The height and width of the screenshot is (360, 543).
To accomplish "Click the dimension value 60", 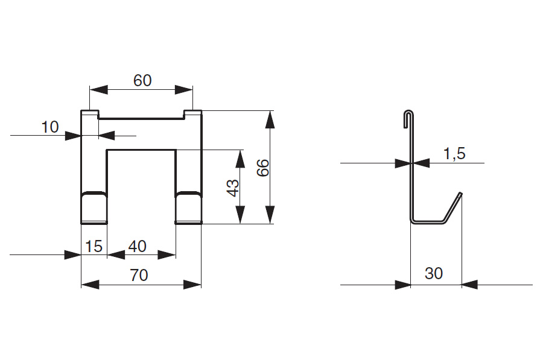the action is coord(142,81).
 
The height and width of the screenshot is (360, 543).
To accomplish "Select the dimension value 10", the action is coord(50,127).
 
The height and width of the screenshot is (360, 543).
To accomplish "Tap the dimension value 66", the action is coord(263,168).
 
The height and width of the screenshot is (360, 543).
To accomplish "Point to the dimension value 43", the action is coord(233,188).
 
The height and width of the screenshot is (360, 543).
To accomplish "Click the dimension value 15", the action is coord(94,247).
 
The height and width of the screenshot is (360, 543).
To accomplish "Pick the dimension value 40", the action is coord(137,247).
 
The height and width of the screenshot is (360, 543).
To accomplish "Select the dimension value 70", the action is coord(139,275).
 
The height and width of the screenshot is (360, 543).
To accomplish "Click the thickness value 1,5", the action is coord(454,153).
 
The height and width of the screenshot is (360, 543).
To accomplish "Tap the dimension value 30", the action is coord(434,273).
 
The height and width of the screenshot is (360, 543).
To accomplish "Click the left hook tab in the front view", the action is coord(94,207).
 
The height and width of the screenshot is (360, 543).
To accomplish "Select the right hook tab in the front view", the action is coord(188,207).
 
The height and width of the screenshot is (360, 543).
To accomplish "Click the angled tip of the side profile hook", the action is coord(460,193).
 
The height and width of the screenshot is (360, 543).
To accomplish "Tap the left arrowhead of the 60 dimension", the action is coord(99,90).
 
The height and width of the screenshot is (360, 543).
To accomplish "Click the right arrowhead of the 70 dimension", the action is coord(192,285).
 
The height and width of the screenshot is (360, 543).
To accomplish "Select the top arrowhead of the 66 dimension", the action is coord(270,120).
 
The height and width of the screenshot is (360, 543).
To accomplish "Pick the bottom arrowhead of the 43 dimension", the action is coord(240,215).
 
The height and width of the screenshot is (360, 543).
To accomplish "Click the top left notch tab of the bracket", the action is coord(90,114).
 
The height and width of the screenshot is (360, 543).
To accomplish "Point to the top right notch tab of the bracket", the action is coord(192,114).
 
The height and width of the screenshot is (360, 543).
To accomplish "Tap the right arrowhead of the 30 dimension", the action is coord(470,285).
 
